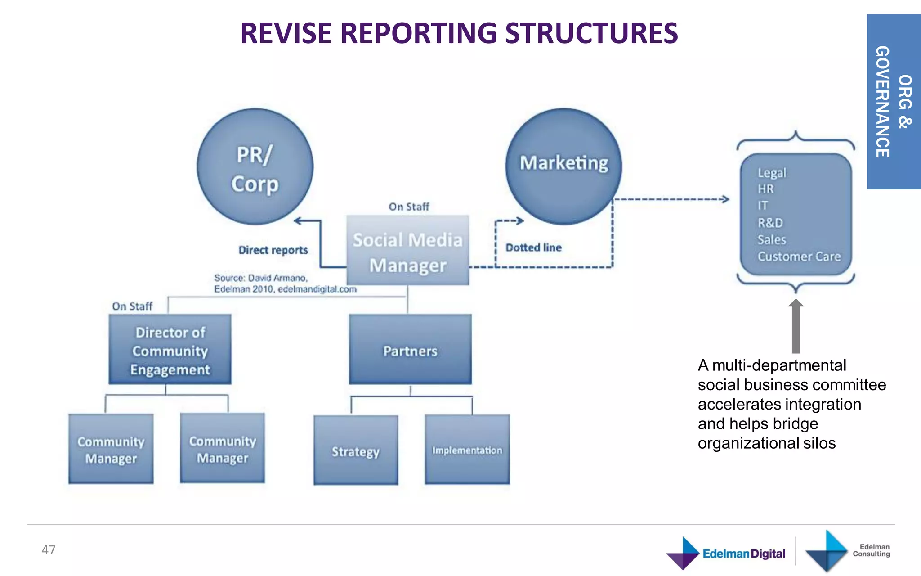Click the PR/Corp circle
tap(255, 167)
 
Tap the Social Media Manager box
tap(407, 251)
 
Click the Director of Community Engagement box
tap(170, 350)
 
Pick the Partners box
tap(410, 350)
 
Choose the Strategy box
tap(356, 450)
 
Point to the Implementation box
tap(467, 450)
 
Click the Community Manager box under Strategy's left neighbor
tap(223, 449)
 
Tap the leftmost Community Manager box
tap(111, 449)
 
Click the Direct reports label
tap(273, 250)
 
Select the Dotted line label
tap(533, 247)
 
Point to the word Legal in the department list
tap(772, 173)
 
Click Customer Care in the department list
tap(799, 256)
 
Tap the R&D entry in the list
tap(770, 223)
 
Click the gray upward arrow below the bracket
tap(796, 326)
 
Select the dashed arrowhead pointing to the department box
tap(724, 199)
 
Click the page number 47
tap(49, 550)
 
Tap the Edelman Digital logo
tap(726, 553)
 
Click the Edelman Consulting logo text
tap(871, 550)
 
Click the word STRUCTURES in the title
tap(591, 33)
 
